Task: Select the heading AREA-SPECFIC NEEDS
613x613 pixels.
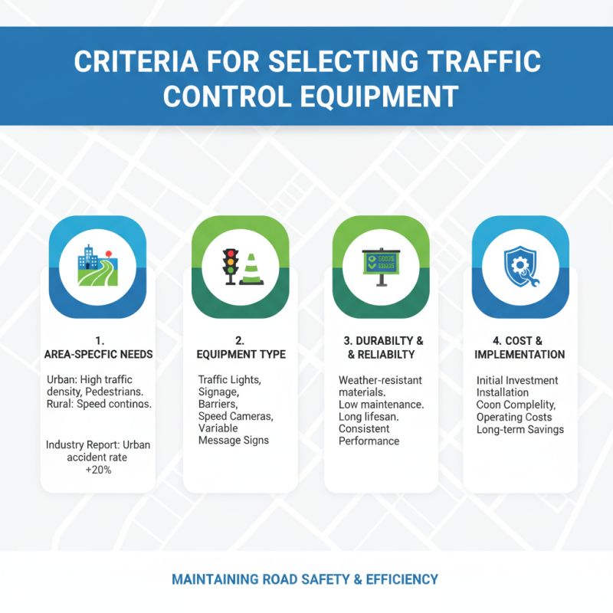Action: (x=97, y=355)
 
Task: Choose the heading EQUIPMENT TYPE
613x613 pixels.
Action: (x=240, y=355)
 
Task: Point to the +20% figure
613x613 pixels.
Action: (x=97, y=470)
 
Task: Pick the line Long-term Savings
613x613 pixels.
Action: (x=520, y=429)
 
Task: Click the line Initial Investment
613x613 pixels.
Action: (x=517, y=380)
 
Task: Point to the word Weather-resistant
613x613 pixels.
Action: (x=380, y=380)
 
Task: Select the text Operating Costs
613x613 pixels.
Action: (x=514, y=417)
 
